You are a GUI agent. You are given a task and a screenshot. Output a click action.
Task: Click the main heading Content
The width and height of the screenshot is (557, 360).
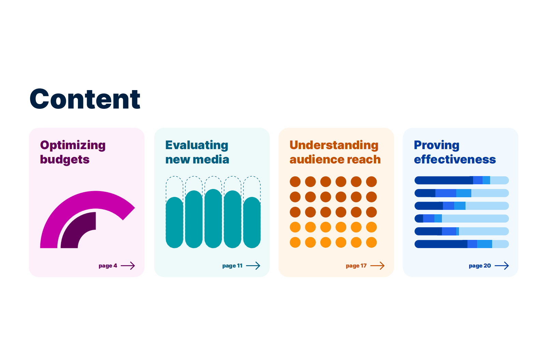pyautogui.click(x=85, y=99)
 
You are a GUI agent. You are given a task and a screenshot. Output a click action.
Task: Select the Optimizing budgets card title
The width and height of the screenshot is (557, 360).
pyautogui.click(x=73, y=152)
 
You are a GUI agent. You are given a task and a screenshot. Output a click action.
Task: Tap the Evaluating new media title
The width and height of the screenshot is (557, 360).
pyautogui.click(x=197, y=152)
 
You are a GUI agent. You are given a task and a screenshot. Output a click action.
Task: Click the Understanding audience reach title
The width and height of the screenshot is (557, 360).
pyautogui.click(x=335, y=152)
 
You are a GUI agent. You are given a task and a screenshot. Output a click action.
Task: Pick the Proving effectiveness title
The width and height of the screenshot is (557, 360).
pyautogui.click(x=455, y=152)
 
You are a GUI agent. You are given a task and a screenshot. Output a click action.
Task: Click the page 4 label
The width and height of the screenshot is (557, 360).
pyautogui.click(x=108, y=266)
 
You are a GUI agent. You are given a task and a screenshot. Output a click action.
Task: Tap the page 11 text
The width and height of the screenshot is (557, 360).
pyautogui.click(x=232, y=266)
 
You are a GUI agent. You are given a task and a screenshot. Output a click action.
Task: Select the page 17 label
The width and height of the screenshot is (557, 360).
pyautogui.click(x=356, y=266)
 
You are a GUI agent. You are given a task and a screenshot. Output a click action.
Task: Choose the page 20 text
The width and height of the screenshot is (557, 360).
pyautogui.click(x=480, y=266)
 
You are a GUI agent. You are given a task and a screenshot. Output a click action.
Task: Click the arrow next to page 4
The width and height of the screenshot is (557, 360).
pyautogui.click(x=128, y=265)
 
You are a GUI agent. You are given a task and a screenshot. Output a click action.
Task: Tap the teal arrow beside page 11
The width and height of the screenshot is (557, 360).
pyautogui.click(x=253, y=265)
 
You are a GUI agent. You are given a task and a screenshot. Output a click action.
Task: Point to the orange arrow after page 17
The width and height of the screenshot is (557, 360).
pyautogui.click(x=377, y=265)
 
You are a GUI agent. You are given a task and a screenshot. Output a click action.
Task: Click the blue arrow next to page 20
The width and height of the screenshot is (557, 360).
pyautogui.click(x=502, y=265)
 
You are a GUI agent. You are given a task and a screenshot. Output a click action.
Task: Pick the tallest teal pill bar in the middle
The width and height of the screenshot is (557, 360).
pyautogui.click(x=213, y=219)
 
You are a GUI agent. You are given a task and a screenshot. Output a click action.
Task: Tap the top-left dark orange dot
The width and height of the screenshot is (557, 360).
pyautogui.click(x=295, y=182)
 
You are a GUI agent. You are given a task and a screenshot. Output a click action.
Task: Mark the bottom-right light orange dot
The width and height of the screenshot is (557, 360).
pyautogui.click(x=372, y=243)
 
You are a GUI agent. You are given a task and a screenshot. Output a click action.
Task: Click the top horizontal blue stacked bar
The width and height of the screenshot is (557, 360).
pyautogui.click(x=462, y=181)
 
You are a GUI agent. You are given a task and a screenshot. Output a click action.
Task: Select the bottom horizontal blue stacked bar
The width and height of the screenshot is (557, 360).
pyautogui.click(x=462, y=244)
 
